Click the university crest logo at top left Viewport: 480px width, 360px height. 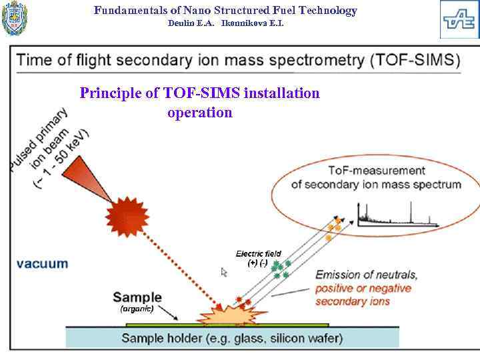pyautogui.click(x=15, y=19)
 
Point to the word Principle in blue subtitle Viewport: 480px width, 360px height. pyautogui.click(x=109, y=93)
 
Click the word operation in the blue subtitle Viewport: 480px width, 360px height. pyautogui.click(x=200, y=112)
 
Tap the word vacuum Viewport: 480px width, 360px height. pyautogui.click(x=42, y=263)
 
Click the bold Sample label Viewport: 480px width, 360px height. pyautogui.click(x=137, y=297)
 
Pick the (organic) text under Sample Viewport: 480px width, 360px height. pyautogui.click(x=137, y=309)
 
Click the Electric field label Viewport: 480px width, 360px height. pyautogui.click(x=259, y=253)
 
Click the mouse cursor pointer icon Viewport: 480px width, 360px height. pyautogui.click(x=224, y=271)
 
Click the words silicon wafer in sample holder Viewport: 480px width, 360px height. pyautogui.click(x=307, y=338)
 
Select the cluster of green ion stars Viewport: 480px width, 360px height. pyautogui.click(x=281, y=269)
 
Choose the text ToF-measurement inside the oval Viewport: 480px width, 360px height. pyautogui.click(x=377, y=171)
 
